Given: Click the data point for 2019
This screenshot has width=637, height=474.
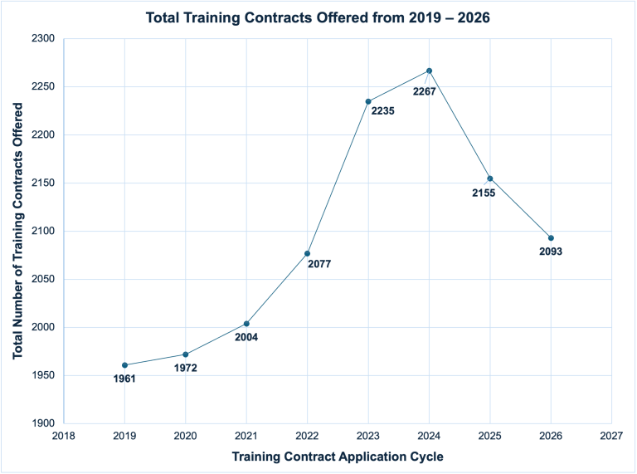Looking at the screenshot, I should pyautogui.click(x=124, y=365).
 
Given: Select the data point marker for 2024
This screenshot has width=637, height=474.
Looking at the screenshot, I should pyautogui.click(x=429, y=71).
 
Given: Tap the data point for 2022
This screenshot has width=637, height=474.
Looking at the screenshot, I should pyautogui.click(x=307, y=253).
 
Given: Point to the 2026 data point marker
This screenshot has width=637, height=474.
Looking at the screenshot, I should pyautogui.click(x=551, y=238).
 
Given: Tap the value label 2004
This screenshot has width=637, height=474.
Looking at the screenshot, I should pyautogui.click(x=246, y=337).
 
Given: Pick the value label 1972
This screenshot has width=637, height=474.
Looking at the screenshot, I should pyautogui.click(x=185, y=368).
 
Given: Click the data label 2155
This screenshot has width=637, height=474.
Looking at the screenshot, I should pyautogui.click(x=484, y=193).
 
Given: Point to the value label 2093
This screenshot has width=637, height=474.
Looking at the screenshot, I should pyautogui.click(x=551, y=252).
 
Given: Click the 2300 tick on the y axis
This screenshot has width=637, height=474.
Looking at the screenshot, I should pyautogui.click(x=43, y=39).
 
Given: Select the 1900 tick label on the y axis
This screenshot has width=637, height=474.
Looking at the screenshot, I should pyautogui.click(x=43, y=423).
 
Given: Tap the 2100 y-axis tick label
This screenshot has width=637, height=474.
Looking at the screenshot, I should pyautogui.click(x=43, y=232).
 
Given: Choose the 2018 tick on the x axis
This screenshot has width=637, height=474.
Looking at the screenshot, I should pyautogui.click(x=64, y=435).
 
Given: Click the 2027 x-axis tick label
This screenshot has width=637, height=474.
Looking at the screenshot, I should pyautogui.click(x=611, y=435).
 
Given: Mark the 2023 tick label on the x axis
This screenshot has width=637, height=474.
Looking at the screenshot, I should pyautogui.click(x=368, y=435).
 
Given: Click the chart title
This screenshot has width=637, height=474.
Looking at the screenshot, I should pyautogui.click(x=318, y=17).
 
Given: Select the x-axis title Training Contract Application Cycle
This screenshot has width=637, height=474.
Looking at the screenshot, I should pyautogui.click(x=338, y=457).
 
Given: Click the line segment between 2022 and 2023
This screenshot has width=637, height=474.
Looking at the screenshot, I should pyautogui.click(x=338, y=178).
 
